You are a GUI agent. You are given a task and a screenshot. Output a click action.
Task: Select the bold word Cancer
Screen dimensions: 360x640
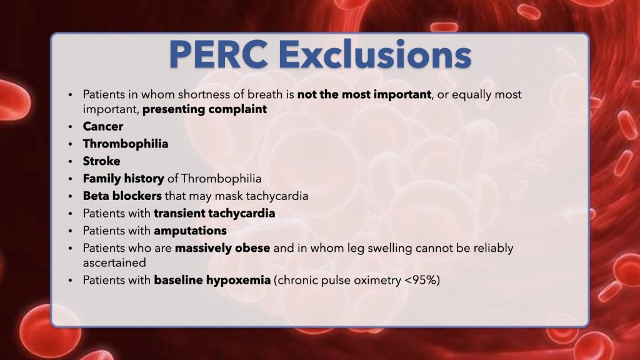(x=103, y=126)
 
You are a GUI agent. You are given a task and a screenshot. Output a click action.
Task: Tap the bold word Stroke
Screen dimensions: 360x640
(x=101, y=161)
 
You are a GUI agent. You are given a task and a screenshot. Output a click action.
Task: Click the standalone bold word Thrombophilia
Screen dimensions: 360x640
(x=126, y=144)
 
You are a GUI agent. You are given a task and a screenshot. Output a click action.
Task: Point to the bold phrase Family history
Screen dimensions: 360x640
(x=123, y=179)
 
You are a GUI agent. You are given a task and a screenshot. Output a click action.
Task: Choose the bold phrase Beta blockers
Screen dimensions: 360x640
(x=122, y=196)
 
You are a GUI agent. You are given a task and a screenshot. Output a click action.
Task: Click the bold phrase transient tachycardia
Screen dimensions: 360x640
(x=214, y=213)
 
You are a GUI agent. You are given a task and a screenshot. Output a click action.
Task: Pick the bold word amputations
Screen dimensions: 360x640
(x=190, y=231)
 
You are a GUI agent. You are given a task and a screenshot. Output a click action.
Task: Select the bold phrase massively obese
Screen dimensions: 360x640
(x=222, y=248)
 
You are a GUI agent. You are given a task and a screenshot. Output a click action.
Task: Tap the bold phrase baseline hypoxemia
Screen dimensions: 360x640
(x=212, y=280)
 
